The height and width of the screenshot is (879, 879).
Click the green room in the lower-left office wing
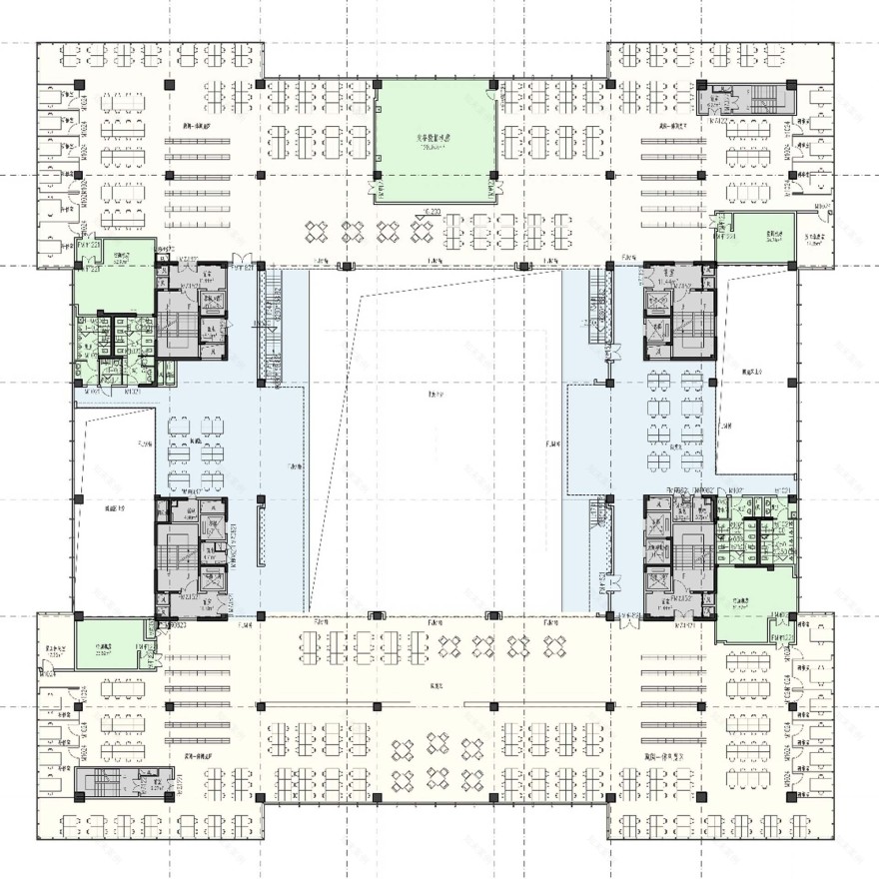pos(106,644)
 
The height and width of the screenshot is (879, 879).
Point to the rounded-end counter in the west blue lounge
pos(262,536)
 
